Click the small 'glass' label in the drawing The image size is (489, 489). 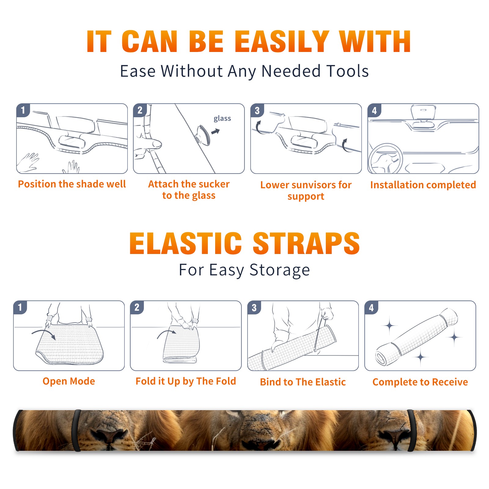tap(222, 118)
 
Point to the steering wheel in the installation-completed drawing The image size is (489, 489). tap(385, 158)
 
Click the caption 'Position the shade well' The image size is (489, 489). tap(72, 184)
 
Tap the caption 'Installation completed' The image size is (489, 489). tap(423, 185)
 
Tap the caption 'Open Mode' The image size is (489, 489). tap(69, 381)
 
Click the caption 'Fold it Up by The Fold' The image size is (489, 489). tap(186, 381)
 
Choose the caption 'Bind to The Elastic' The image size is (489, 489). tap(303, 382)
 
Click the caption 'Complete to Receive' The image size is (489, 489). tap(420, 382)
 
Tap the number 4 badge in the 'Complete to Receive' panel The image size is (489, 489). tap(371, 307)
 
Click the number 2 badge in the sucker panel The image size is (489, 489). tap(140, 110)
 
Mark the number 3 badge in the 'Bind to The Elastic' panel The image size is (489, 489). tap(254, 307)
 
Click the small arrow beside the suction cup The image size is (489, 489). tap(216, 131)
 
